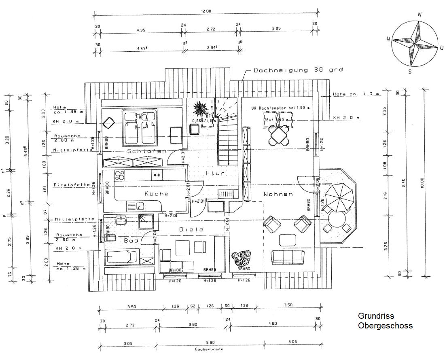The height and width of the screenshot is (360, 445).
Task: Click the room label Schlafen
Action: pos(141,151)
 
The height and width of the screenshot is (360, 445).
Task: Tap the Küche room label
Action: pos(156,194)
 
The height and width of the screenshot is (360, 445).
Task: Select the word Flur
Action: pos(215,173)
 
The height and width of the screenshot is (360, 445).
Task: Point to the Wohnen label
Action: pos(278,194)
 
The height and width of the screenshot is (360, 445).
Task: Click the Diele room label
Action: pos(186,229)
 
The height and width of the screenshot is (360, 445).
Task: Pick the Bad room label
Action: pos(131,240)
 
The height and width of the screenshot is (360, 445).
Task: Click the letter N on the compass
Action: pos(420,14)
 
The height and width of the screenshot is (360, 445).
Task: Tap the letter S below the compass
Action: pos(410,72)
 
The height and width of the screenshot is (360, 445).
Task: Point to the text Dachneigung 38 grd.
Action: pos(299,70)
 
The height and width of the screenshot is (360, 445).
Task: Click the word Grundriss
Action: pos(376,316)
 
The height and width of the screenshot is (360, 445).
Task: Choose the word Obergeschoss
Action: pos(385,325)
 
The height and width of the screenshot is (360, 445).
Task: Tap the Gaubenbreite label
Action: pos(209,349)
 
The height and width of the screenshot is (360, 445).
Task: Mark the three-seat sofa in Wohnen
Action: pos(288,256)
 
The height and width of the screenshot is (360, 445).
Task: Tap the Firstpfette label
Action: pos(71,185)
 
